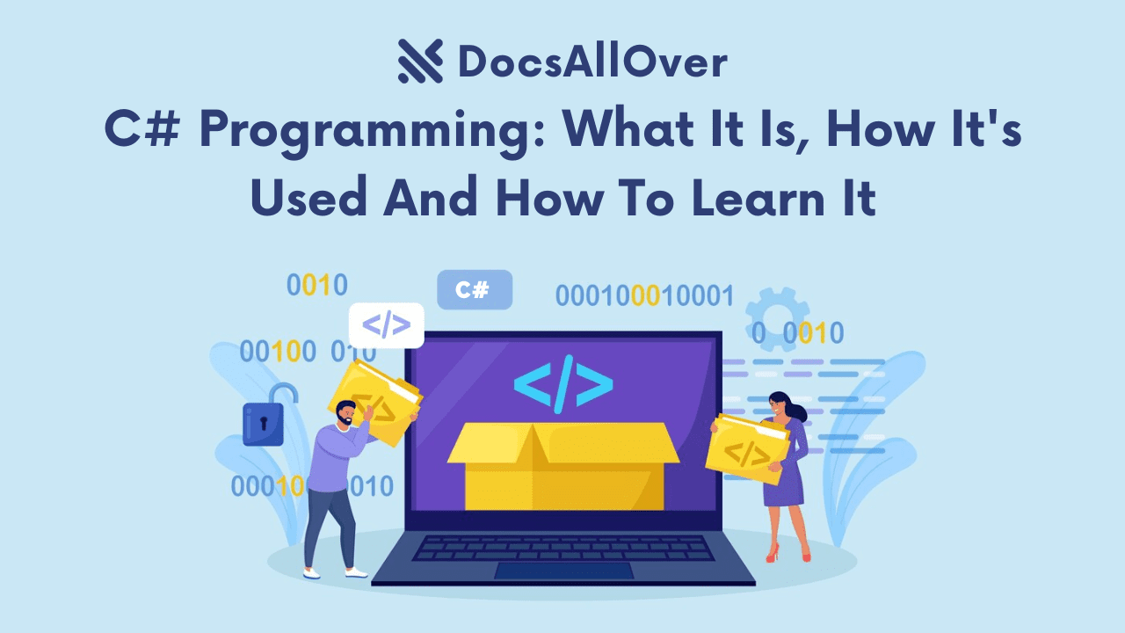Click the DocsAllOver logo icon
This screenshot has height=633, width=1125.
(419, 62)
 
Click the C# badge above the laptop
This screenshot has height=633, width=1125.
(474, 290)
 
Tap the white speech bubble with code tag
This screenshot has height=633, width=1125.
(386, 325)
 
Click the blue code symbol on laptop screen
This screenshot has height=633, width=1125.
(563, 383)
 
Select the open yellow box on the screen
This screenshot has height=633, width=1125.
(563, 466)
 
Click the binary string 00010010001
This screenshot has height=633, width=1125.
(643, 296)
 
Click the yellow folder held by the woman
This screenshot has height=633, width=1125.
(748, 447)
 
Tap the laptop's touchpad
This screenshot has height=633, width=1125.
(563, 570)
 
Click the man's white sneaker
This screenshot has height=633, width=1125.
(356, 571)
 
